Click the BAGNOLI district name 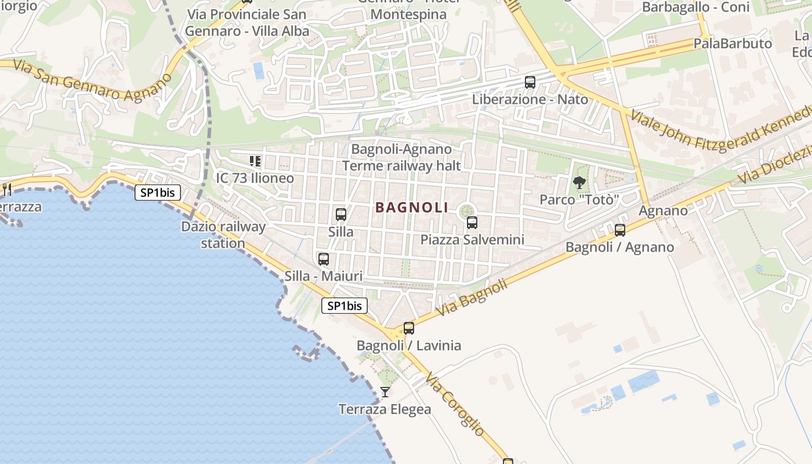tap(412, 208)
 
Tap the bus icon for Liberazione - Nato tap(530, 82)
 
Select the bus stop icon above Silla tap(341, 215)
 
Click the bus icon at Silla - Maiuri tap(324, 259)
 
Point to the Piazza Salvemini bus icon tap(472, 222)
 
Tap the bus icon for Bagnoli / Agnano tap(620, 230)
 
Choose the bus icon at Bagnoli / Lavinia tap(409, 328)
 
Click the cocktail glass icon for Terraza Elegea tap(385, 392)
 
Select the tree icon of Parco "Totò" tap(579, 183)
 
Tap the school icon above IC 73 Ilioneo tap(255, 161)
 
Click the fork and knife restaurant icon tap(7, 189)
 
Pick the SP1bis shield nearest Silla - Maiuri tap(345, 306)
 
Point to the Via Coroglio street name tap(454, 405)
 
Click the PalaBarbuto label tap(733, 43)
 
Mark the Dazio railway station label tap(223, 235)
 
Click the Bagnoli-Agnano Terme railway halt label tap(401, 158)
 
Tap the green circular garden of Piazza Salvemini tap(466, 211)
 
